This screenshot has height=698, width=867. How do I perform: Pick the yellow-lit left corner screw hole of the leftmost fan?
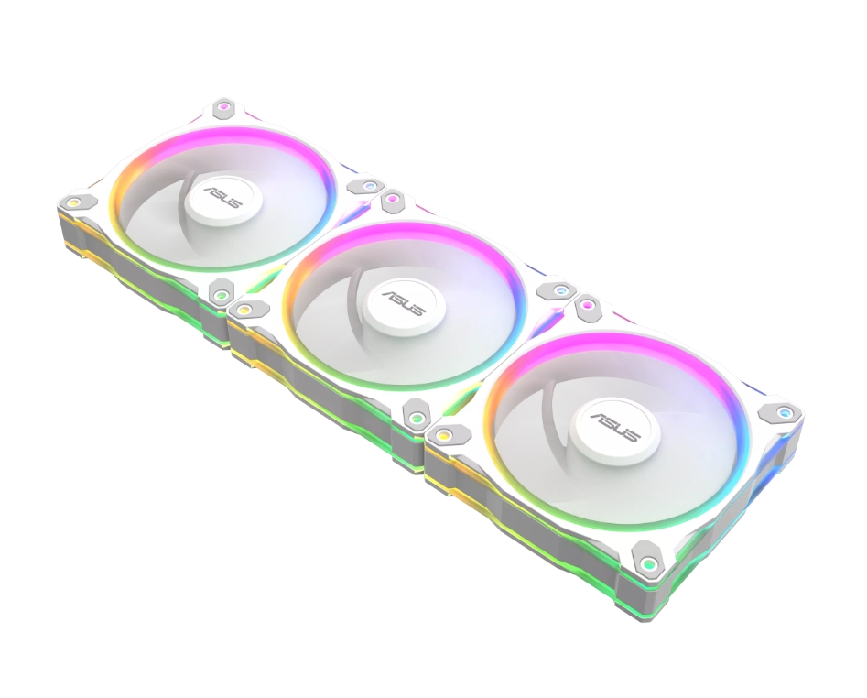point(72,202)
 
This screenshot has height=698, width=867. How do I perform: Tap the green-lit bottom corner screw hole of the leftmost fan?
point(222,294)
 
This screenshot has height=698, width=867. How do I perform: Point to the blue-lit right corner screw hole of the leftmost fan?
point(367,186)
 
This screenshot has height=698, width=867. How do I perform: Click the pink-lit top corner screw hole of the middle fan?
point(392,198)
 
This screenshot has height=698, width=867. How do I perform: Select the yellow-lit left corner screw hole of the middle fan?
point(244,310)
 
